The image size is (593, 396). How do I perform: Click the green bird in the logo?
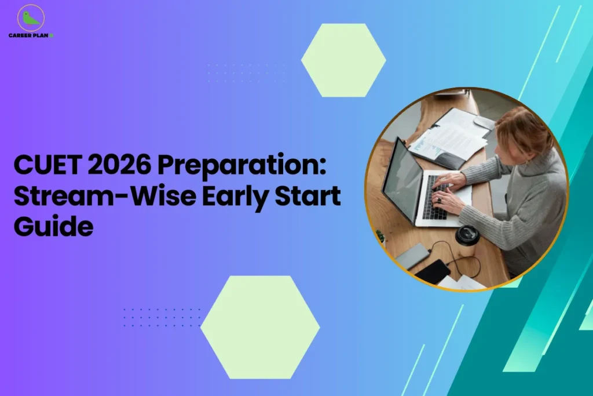[30, 18]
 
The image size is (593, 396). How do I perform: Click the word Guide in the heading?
[53, 226]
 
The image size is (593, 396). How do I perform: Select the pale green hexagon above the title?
[343, 60]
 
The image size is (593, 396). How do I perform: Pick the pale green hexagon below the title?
[260, 327]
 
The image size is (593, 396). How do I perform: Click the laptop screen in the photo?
[402, 181]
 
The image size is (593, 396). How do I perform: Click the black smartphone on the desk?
[433, 271]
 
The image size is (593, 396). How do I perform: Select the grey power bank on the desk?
[412, 256]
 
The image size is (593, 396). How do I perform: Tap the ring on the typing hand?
[440, 199]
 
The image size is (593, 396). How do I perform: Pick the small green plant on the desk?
[380, 236]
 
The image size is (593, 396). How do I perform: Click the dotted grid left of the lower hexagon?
[162, 317]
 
